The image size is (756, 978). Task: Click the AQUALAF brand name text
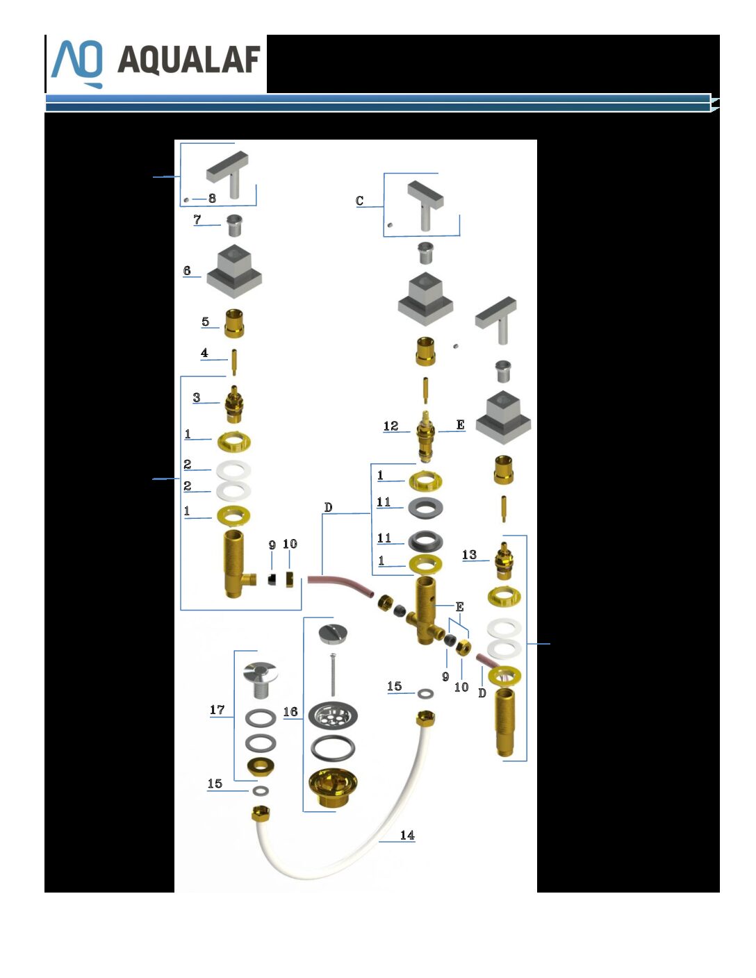(189, 60)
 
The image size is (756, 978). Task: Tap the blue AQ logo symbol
(77, 64)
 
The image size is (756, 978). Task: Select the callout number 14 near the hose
(407, 836)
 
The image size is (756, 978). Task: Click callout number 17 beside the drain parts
(217, 710)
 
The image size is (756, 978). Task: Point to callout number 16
(290, 711)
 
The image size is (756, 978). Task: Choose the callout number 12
(391, 426)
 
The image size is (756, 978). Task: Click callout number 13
(469, 554)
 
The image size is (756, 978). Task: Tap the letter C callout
(359, 201)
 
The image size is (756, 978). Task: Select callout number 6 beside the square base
(187, 270)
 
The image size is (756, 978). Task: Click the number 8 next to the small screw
(212, 198)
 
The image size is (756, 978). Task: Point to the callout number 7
(197, 219)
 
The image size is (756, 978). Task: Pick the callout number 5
(205, 322)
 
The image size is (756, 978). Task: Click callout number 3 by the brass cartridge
(197, 397)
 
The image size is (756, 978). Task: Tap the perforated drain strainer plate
(333, 715)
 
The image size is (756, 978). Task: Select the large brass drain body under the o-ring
(333, 788)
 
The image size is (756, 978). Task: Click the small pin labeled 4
(233, 363)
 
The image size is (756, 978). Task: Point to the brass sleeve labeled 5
(234, 323)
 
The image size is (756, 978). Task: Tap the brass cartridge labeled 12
(425, 436)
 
